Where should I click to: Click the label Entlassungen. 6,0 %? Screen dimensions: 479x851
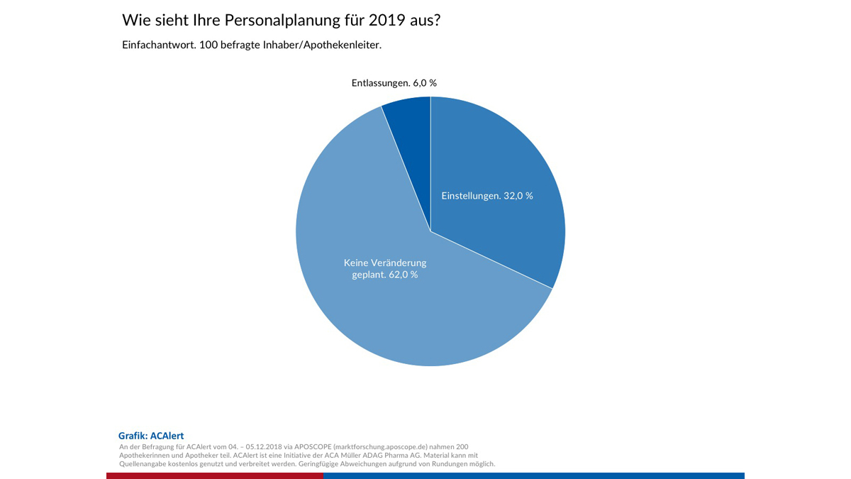pyautogui.click(x=394, y=83)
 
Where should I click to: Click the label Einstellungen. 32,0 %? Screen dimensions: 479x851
pyautogui.click(x=487, y=195)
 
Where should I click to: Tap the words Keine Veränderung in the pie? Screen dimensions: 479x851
pyautogui.click(x=385, y=263)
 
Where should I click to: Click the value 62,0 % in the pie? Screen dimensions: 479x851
pyautogui.click(x=404, y=275)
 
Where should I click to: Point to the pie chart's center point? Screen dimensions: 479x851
pyautogui.click(x=430, y=231)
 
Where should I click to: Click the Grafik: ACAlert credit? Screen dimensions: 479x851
pyautogui.click(x=151, y=436)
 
